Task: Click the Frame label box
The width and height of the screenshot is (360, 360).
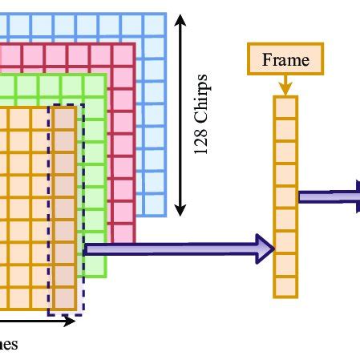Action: point(285,59)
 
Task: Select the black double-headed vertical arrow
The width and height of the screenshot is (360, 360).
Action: point(180,116)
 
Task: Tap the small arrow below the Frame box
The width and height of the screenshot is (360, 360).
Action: point(285,85)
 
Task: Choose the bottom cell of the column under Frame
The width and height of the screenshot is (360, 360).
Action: point(285,287)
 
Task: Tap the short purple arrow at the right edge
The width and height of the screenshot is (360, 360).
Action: point(329,195)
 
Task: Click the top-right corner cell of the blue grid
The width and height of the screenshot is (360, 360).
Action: point(157,24)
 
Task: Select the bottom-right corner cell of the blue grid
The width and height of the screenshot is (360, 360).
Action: point(157,206)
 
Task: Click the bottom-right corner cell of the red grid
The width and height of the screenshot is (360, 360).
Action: point(124,233)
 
